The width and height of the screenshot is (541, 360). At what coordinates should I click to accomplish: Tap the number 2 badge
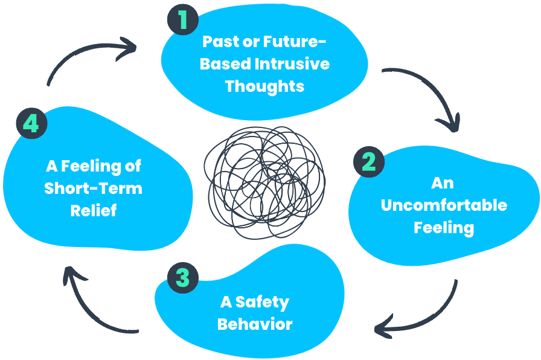click(x=368, y=162)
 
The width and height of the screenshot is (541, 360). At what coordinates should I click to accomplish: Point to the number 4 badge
click(x=31, y=124)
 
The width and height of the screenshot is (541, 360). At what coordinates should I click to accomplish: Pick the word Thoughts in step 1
click(x=264, y=86)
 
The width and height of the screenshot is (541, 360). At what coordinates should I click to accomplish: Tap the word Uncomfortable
click(x=444, y=205)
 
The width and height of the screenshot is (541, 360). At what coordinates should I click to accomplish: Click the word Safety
click(x=262, y=301)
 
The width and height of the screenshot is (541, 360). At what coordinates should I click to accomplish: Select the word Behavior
click(x=255, y=324)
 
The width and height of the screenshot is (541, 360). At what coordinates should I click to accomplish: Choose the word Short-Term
click(x=93, y=188)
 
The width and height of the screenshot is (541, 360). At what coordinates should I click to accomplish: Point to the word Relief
click(x=93, y=210)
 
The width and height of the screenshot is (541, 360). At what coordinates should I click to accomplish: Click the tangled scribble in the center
click(x=264, y=181)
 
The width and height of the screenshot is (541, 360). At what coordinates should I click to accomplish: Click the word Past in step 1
click(x=219, y=42)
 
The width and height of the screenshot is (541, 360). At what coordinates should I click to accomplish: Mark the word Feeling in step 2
click(x=444, y=227)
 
